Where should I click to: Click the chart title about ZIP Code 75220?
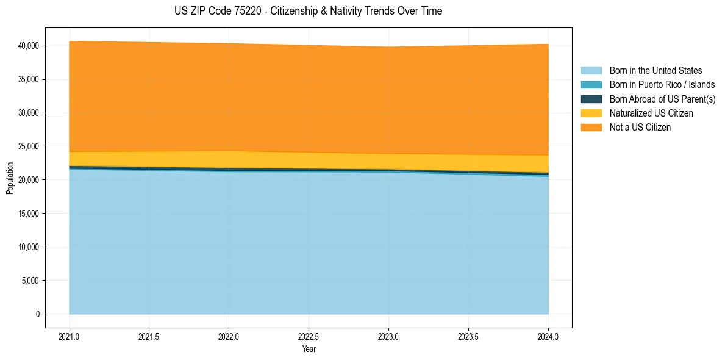coord(308,11)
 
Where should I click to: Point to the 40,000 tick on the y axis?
coord(29,46)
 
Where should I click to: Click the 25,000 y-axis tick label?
coord(29,146)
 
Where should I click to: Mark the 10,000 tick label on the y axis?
coord(29,247)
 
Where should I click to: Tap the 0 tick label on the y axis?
coord(37,314)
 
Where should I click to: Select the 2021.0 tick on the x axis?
coord(70,336)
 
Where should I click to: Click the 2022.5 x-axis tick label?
coord(309,336)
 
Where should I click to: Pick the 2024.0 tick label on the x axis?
coord(548,336)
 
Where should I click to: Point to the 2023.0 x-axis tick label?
coord(388,336)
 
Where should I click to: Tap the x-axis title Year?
coord(309,349)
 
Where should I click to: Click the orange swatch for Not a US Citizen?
coord(591,128)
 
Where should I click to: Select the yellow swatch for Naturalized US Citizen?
coord(591,113)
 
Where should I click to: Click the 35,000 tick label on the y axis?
coord(29,79)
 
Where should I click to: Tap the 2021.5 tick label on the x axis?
coord(149,336)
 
